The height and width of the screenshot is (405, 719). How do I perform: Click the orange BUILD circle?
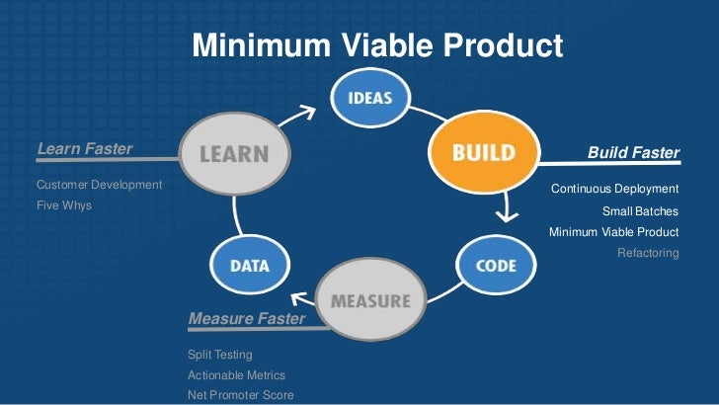(x=484, y=152)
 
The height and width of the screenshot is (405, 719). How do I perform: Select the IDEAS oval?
(x=370, y=97)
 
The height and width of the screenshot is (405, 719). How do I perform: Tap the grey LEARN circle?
(x=234, y=154)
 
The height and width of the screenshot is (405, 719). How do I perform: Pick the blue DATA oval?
(x=250, y=265)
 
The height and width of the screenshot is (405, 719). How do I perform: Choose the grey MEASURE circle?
(x=371, y=299)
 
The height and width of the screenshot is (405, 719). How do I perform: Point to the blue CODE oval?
(x=496, y=265)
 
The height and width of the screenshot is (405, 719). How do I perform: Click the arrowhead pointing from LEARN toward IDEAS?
(x=308, y=112)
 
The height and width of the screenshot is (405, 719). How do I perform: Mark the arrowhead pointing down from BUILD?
(x=507, y=216)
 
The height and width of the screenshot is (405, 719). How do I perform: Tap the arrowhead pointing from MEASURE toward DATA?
(x=299, y=298)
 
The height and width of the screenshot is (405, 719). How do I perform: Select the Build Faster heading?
(x=633, y=152)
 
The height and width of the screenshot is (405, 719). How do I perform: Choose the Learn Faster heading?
(x=85, y=148)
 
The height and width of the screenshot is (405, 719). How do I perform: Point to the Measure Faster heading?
(x=247, y=318)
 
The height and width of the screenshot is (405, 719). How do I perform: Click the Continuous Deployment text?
(x=615, y=189)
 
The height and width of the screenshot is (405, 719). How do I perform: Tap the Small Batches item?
(x=640, y=211)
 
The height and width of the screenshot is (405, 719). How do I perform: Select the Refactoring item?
(x=648, y=253)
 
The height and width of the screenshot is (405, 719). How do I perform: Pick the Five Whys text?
(x=64, y=205)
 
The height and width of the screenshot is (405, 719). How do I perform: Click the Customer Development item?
(x=100, y=185)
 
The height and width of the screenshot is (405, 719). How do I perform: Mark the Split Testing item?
(x=220, y=355)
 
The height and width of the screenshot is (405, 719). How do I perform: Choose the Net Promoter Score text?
(x=241, y=395)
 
